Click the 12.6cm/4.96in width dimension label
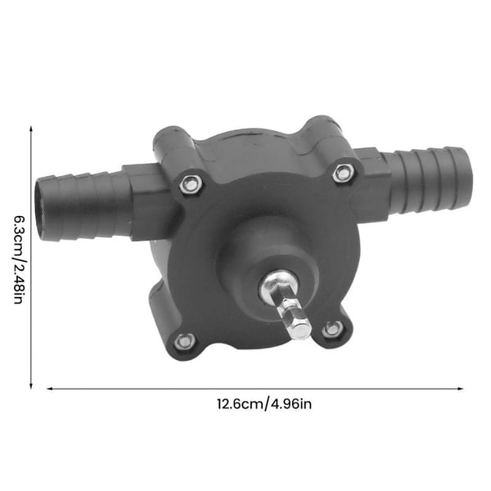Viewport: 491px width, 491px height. (x=264, y=404)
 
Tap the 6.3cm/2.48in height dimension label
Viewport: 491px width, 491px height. (x=18, y=259)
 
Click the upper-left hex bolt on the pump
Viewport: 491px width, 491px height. (x=190, y=184)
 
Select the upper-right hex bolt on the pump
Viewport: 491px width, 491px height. (x=343, y=173)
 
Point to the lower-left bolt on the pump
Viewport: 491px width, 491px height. (x=184, y=341)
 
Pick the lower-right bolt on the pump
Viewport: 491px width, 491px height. (x=332, y=329)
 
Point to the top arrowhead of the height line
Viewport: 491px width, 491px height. (x=31, y=128)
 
